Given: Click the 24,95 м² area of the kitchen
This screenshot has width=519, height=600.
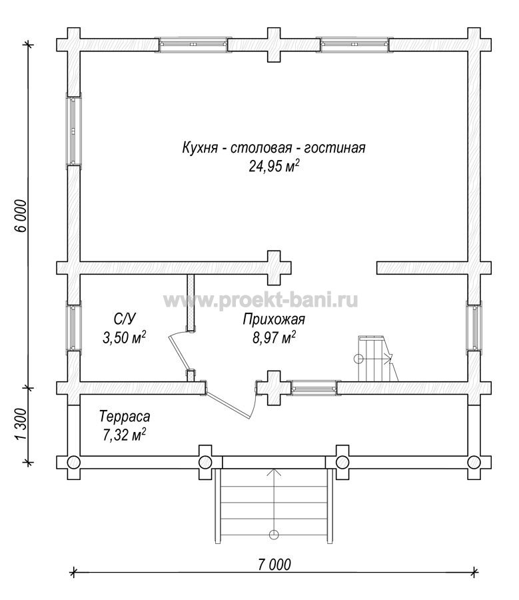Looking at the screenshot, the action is point(274,166).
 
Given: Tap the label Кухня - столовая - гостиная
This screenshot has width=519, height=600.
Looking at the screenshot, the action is point(274,147).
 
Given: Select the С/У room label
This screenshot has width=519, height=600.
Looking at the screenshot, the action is point(125,319).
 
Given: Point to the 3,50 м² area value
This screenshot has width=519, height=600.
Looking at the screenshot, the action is point(125,337).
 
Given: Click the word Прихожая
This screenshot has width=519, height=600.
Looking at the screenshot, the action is point(274,319).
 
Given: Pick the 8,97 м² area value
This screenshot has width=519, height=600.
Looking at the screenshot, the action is point(274,337).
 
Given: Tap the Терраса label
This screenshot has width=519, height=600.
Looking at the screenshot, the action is point(125,416).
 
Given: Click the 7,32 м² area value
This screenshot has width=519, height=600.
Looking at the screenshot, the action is point(125,435).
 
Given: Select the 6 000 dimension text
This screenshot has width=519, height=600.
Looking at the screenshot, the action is point(21,216).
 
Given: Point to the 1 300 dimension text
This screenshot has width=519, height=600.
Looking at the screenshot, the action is point(21,425).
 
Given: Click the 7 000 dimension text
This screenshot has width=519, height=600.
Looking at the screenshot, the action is point(274,565).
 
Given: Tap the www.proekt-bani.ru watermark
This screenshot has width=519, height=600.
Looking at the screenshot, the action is point(261,301).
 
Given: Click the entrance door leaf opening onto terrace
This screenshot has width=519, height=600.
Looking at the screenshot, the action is point(228,405).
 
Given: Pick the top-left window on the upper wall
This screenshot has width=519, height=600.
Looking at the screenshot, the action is point(193,45).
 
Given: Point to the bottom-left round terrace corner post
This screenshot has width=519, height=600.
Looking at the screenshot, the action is point(74,462).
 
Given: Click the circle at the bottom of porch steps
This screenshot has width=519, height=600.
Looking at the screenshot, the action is point(274,534).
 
